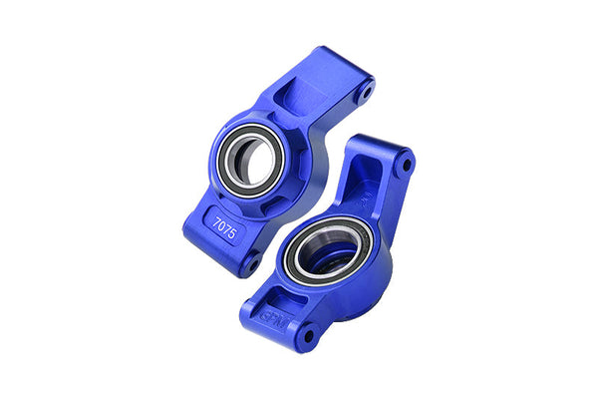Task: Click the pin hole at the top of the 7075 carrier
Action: pyautogui.click(x=366, y=92)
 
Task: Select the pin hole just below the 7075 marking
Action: pyautogui.click(x=250, y=266)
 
